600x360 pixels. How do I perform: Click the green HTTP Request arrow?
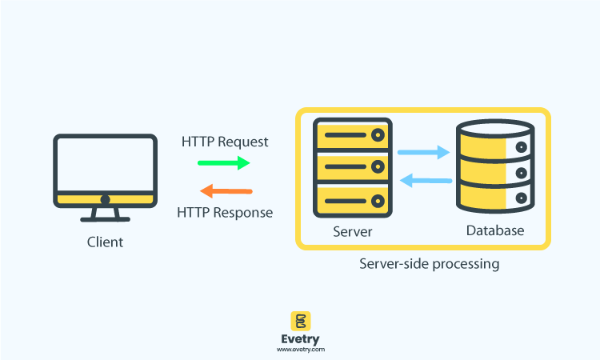click(x=224, y=163)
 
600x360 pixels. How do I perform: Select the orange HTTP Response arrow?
click(x=226, y=191)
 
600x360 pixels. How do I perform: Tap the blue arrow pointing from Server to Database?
click(x=423, y=151)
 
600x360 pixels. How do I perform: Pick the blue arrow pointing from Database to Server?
click(x=426, y=181)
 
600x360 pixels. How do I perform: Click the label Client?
click(x=106, y=242)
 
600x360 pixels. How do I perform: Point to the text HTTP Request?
click(x=225, y=142)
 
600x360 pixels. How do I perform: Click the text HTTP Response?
click(x=225, y=213)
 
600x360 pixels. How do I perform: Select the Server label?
click(x=353, y=232)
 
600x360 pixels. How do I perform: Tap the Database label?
click(x=494, y=231)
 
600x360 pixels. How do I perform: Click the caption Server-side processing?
click(x=429, y=264)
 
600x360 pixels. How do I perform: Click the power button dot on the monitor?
click(x=105, y=199)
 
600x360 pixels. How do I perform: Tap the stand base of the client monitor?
click(x=105, y=218)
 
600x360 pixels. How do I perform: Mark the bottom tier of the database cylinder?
click(x=494, y=197)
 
